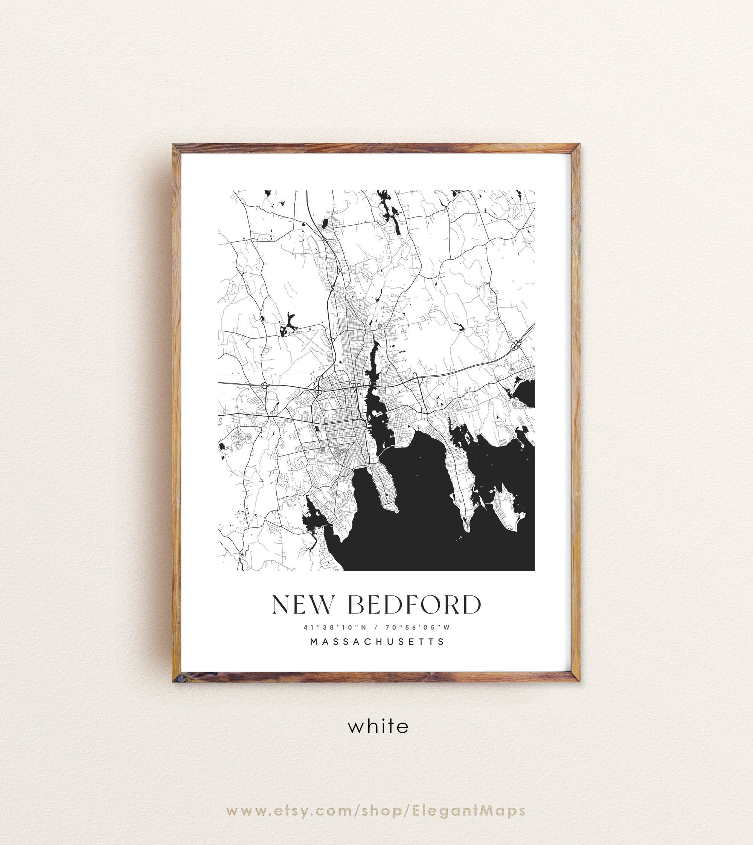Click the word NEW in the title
coord(302,605)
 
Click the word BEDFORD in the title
coord(415,605)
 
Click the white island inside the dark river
coord(378,413)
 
